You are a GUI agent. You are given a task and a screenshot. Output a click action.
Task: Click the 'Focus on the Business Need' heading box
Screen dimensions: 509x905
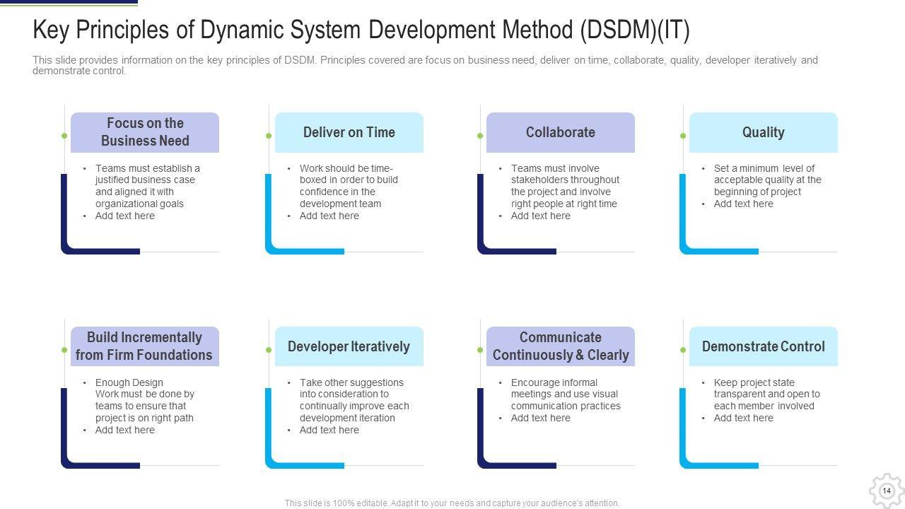click(145, 132)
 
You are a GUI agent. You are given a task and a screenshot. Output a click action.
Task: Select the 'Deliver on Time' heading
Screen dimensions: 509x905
click(349, 132)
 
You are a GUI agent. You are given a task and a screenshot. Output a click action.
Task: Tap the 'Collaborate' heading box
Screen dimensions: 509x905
click(560, 132)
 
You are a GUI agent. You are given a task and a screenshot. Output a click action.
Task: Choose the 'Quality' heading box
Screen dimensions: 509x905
click(763, 132)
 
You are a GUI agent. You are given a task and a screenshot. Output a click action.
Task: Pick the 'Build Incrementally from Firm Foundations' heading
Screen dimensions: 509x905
click(144, 346)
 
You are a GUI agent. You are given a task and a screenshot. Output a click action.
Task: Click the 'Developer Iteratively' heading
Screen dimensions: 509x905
click(349, 346)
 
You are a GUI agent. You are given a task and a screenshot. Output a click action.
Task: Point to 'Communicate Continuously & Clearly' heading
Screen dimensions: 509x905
click(560, 346)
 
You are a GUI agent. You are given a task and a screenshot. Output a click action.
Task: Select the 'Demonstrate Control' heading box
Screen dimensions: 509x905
click(763, 346)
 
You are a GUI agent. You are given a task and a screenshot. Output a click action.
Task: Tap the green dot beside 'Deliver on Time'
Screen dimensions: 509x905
click(269, 136)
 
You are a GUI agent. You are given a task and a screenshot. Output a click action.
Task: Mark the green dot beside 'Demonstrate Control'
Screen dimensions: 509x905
click(683, 350)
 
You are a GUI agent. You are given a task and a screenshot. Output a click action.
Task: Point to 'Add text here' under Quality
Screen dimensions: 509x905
click(743, 204)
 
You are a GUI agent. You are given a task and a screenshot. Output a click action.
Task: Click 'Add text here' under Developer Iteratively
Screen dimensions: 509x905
click(329, 430)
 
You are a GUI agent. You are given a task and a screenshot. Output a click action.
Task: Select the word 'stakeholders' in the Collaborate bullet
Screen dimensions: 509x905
click(540, 180)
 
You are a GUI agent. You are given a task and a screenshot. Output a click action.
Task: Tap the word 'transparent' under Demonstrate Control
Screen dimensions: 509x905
click(740, 394)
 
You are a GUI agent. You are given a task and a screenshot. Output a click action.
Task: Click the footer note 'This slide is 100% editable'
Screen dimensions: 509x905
click(452, 503)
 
